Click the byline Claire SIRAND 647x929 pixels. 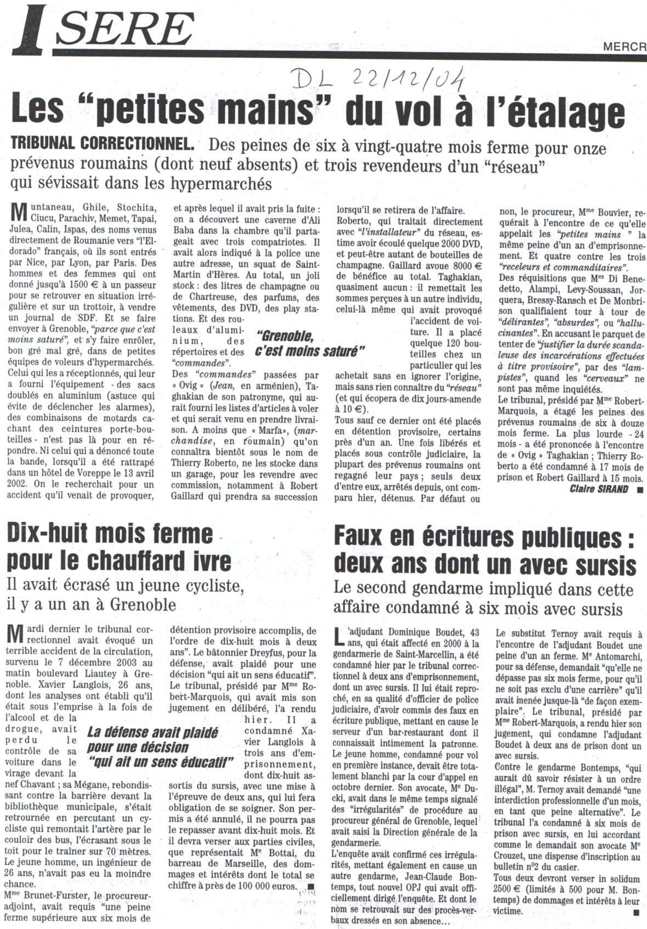coord(599,489)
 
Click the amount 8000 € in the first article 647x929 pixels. coord(466,278)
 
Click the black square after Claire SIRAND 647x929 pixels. coord(639,489)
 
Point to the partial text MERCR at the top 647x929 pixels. coord(625,47)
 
